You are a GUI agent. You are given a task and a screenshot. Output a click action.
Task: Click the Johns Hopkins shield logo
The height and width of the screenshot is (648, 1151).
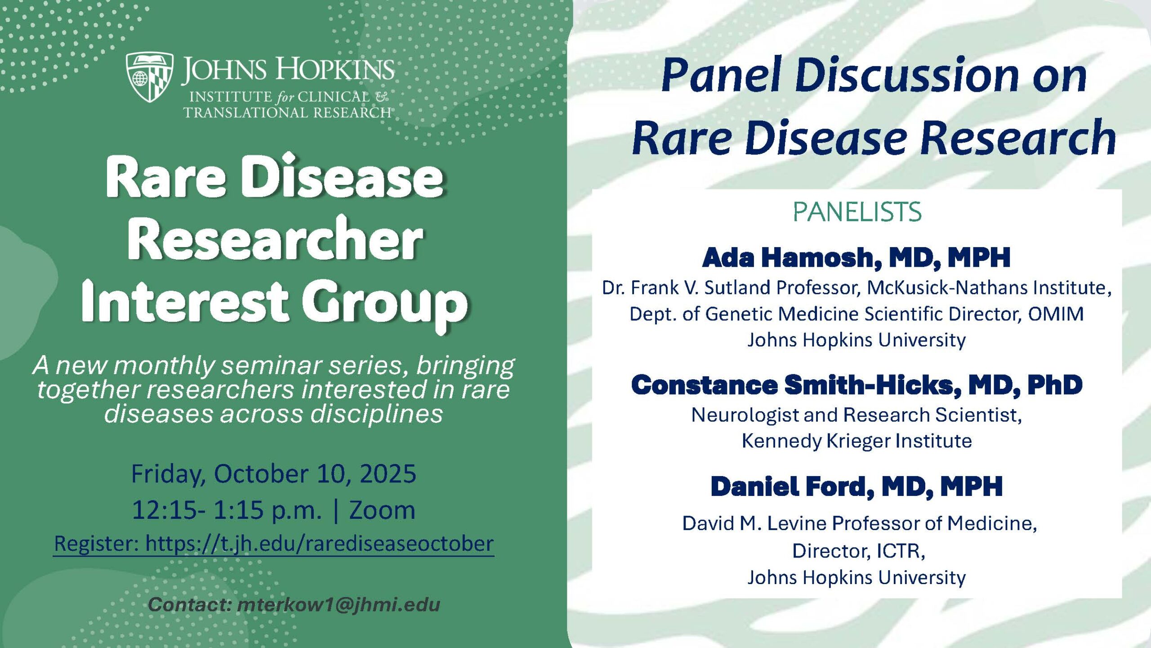click(150, 77)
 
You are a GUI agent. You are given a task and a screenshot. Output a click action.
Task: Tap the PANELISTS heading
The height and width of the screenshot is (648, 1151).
click(857, 212)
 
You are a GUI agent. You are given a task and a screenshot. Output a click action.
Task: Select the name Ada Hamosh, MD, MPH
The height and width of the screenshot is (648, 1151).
click(857, 258)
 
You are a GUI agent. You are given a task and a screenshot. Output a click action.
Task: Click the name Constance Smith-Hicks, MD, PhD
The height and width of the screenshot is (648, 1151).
click(857, 385)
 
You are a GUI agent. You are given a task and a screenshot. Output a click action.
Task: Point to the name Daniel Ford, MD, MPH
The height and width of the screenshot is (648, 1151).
click(857, 486)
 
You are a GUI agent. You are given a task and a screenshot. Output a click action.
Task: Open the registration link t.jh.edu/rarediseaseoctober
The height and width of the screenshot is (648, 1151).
click(319, 544)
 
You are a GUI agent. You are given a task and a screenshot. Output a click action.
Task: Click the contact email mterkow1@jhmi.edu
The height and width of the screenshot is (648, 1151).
click(339, 605)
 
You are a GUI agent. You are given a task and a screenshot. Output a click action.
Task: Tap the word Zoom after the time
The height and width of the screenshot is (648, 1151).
click(382, 510)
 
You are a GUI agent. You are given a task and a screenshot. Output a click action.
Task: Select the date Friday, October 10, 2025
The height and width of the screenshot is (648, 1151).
click(273, 474)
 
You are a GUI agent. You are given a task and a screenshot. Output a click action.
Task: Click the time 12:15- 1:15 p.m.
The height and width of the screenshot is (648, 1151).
click(227, 510)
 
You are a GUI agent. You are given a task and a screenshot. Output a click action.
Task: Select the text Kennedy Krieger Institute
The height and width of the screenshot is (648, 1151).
click(857, 441)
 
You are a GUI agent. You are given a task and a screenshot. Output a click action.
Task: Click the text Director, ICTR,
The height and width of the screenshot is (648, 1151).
click(858, 551)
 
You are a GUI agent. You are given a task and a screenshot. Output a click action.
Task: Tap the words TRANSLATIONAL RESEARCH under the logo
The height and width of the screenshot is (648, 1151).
click(287, 112)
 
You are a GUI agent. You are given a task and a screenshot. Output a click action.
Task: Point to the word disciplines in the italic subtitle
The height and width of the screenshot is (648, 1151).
click(377, 414)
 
